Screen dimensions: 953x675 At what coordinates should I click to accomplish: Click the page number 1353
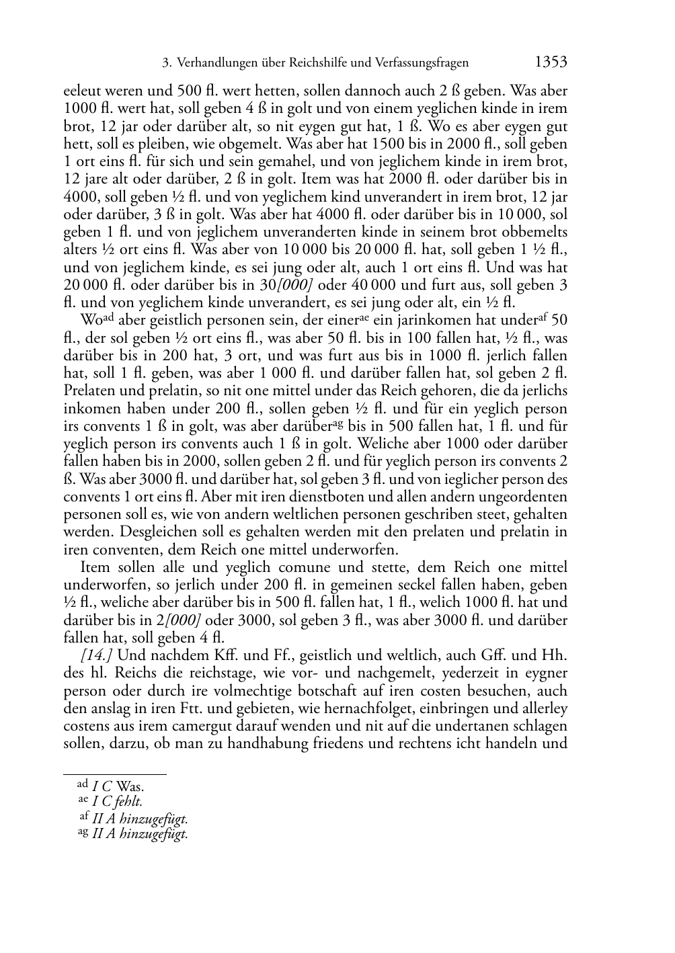click(x=551, y=63)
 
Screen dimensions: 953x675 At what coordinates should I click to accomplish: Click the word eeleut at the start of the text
click(x=81, y=91)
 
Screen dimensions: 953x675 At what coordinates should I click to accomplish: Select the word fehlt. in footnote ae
click(x=128, y=801)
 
